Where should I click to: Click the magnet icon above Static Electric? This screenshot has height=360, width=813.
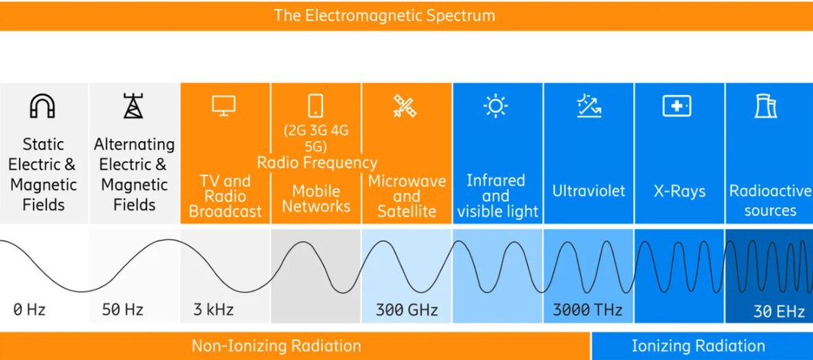tap(42, 106)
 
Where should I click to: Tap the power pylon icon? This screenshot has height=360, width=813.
tap(133, 106)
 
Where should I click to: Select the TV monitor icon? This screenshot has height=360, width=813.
tap(224, 106)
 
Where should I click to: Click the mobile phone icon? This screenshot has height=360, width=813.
tap(315, 106)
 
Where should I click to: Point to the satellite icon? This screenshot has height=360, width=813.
tap(405, 106)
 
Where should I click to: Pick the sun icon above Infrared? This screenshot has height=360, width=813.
tap(495, 106)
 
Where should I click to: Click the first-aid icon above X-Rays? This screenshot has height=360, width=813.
tap(677, 106)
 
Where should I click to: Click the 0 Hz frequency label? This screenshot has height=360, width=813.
tap(29, 310)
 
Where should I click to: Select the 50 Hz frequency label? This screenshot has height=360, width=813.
tap(122, 310)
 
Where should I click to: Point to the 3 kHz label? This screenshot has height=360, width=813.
tap(213, 310)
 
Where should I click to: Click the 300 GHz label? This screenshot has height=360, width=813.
tap(406, 310)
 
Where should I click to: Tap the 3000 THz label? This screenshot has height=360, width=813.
tap(587, 310)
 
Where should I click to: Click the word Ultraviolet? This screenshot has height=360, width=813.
tap(589, 191)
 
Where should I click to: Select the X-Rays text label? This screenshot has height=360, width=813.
tap(679, 191)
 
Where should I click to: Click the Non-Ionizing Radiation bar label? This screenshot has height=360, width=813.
tap(276, 346)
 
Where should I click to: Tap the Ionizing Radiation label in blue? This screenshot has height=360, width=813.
tap(698, 346)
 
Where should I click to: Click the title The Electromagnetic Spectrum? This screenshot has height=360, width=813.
tap(384, 15)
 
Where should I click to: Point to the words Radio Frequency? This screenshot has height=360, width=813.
tap(317, 162)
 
